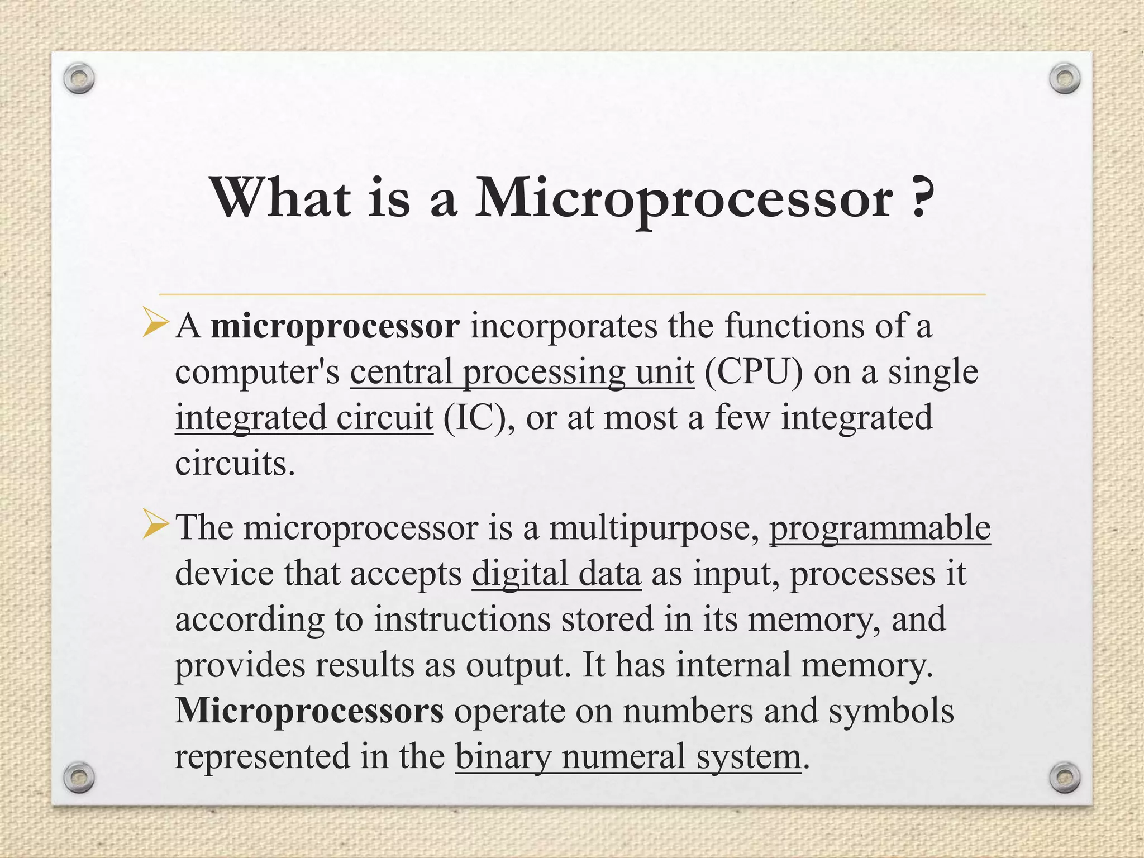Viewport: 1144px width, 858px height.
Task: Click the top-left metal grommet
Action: (x=78, y=79)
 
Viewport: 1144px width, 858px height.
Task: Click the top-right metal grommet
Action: (x=1064, y=79)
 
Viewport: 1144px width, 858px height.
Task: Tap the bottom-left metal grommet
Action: (x=78, y=777)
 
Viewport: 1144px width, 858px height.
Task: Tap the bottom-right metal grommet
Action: (x=1064, y=777)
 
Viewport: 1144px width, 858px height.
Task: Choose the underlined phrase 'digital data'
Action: (x=556, y=574)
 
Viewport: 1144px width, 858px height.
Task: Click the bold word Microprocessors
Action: (x=309, y=711)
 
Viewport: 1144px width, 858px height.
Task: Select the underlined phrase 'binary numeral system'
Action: (x=628, y=757)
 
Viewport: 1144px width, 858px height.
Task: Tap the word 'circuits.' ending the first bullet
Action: (x=235, y=464)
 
